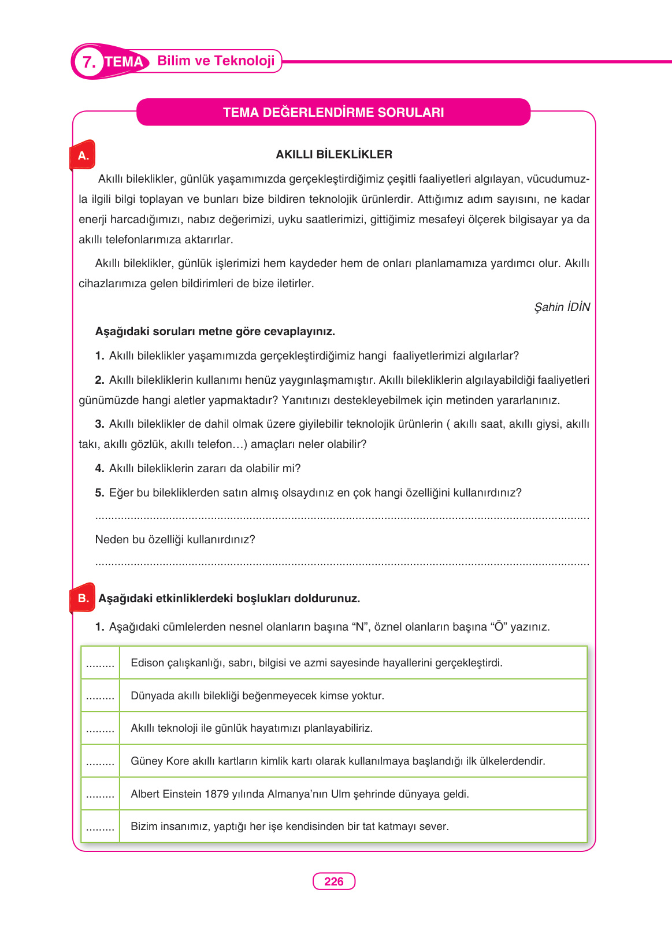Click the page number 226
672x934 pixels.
point(334,881)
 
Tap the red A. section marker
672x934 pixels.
point(83,155)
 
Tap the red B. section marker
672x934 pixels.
point(83,598)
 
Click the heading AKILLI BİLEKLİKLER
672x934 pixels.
point(334,154)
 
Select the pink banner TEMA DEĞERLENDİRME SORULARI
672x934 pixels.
point(333,112)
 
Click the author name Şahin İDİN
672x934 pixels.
point(562,307)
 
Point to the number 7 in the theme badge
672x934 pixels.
point(88,62)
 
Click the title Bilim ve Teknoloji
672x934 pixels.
point(216,61)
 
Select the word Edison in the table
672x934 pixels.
point(147,663)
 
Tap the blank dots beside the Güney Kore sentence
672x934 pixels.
point(100,762)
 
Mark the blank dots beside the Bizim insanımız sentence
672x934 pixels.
point(100,827)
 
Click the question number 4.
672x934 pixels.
point(99,468)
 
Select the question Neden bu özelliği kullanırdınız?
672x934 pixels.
point(175,539)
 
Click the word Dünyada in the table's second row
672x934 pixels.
point(150,696)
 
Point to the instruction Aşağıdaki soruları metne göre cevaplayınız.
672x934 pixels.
point(215,332)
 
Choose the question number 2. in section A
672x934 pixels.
point(99,380)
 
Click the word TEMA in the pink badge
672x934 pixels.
point(124,62)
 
